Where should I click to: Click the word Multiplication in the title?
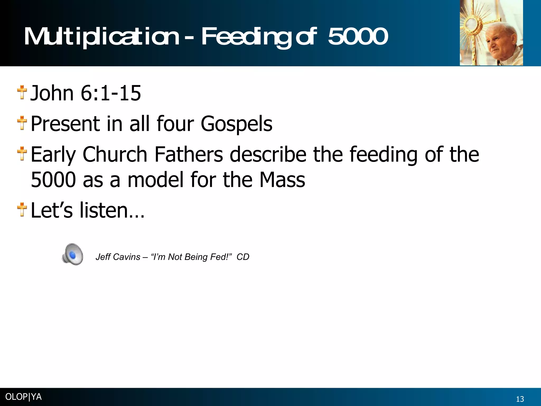click(x=102, y=37)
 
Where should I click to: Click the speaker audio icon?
click(x=73, y=254)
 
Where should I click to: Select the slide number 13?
click(x=520, y=399)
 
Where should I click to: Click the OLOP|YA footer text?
click(x=24, y=397)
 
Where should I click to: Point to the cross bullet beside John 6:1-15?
click(x=22, y=93)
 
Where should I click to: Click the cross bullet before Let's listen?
click(x=22, y=210)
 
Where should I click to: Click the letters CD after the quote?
click(x=243, y=257)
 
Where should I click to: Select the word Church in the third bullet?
click(x=115, y=154)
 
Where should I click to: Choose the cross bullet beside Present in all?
click(x=22, y=123)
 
